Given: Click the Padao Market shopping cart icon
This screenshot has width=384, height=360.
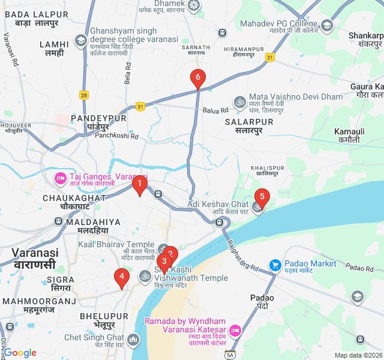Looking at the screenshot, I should (x=275, y=264).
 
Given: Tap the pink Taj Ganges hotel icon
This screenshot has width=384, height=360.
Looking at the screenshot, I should (x=60, y=178).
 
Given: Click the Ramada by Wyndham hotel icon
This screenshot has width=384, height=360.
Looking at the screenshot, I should (x=235, y=331).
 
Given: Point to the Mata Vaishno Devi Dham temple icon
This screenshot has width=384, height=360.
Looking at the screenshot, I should (x=239, y=101).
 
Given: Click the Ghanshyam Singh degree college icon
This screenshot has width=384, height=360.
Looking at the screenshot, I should (x=80, y=40).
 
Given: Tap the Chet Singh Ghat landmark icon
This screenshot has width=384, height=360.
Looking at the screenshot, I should (x=133, y=341).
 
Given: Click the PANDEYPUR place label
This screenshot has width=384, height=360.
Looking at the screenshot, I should (x=99, y=118).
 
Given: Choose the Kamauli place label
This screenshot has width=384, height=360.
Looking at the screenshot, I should (x=350, y=131).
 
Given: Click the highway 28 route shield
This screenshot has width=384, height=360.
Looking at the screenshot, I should (x=84, y=95).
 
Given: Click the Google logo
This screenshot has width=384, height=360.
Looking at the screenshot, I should (x=20, y=353).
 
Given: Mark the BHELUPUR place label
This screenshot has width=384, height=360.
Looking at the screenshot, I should (x=103, y=316).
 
